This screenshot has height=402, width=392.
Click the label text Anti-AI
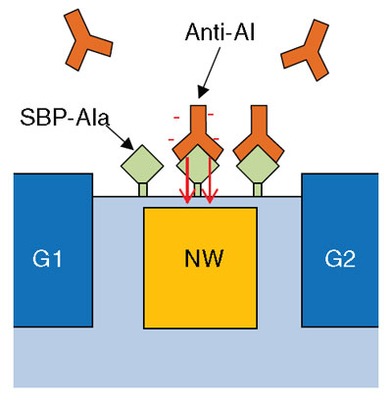click(220, 32)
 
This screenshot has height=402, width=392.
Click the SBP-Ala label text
click(64, 117)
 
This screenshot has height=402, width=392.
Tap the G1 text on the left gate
click(47, 259)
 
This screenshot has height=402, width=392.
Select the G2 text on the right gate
click(340, 259)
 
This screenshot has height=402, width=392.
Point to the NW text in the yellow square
click(204, 258)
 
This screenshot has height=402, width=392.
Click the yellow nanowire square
click(200, 268)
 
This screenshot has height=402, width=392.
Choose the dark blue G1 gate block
click(53, 250)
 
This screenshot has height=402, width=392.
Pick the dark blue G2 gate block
click(340, 250)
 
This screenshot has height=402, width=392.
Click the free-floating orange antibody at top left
click(85, 41)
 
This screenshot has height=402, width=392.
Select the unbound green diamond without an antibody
click(142, 166)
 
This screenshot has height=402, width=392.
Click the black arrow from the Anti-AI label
click(210, 73)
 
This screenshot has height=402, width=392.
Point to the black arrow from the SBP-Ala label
click(121, 137)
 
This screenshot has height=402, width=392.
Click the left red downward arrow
click(188, 180)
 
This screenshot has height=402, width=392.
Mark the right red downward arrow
click(210, 180)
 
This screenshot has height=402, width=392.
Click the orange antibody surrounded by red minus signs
click(198, 137)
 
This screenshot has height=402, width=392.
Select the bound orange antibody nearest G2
click(259, 137)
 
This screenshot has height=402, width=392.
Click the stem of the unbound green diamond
click(143, 189)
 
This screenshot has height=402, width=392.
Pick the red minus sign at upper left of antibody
click(176, 118)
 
